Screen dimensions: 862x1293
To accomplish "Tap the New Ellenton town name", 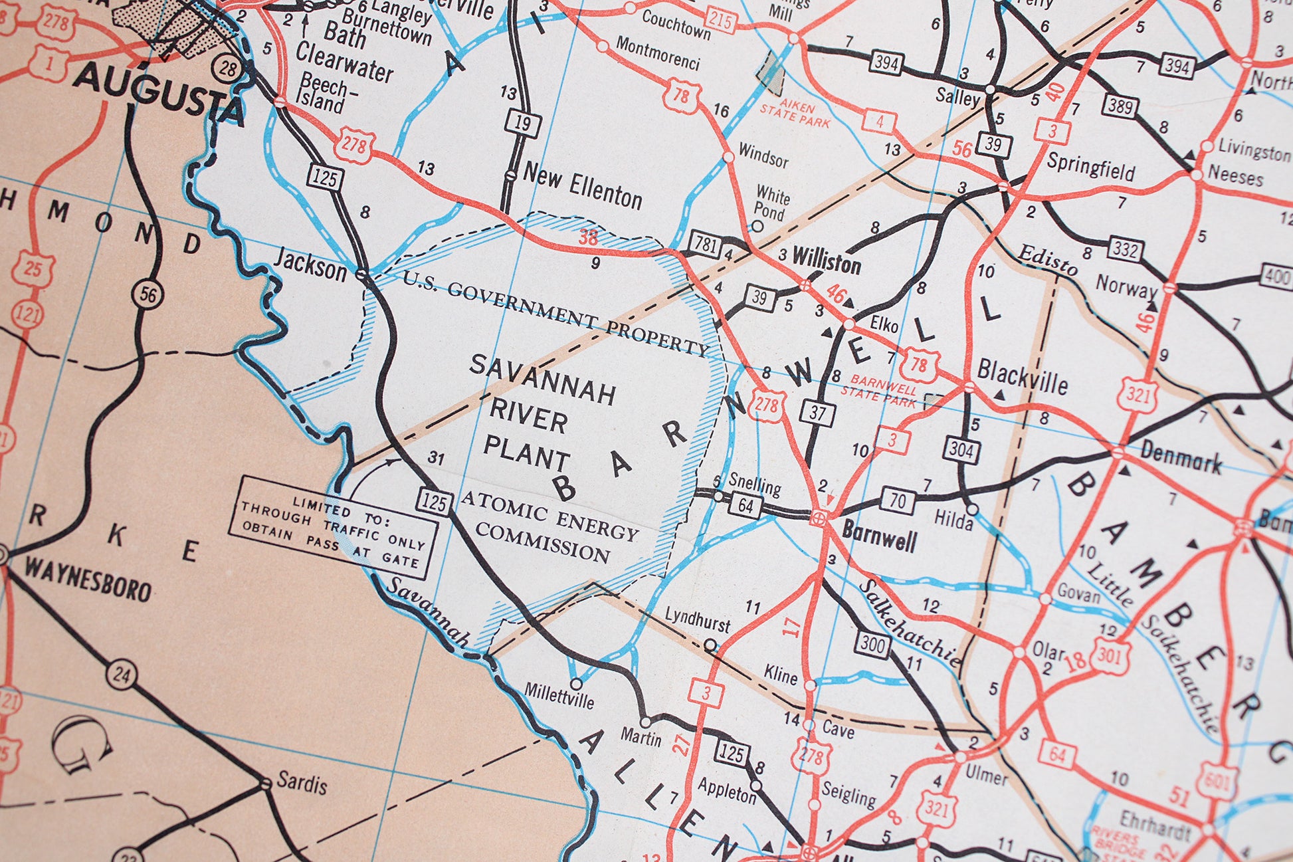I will [x=582, y=187].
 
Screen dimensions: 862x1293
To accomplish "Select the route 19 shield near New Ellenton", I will [x=522, y=124].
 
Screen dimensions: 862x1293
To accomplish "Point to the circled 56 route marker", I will [x=148, y=294].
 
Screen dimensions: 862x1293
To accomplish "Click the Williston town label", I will [x=826, y=261].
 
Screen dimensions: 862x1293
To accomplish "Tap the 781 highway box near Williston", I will [x=704, y=245].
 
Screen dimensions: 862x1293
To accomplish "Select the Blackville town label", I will [x=1022, y=377].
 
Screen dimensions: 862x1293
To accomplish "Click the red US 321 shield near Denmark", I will [x=1138, y=395].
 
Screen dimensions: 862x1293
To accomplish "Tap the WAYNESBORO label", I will [x=88, y=580].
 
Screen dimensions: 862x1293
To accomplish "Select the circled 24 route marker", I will [x=122, y=675].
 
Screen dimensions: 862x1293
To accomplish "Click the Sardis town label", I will [x=302, y=783].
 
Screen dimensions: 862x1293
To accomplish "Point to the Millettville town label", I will [x=559, y=696].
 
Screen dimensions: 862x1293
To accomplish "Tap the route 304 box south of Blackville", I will [x=961, y=451].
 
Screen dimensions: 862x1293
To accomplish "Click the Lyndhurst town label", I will [x=697, y=619].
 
